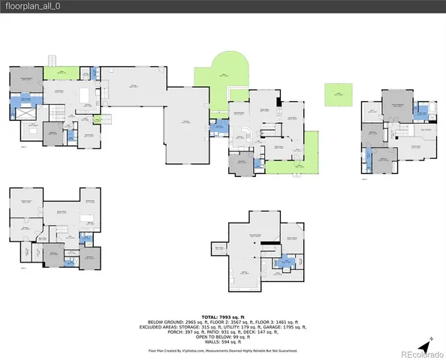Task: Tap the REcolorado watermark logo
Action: pyautogui.click(x=421, y=354)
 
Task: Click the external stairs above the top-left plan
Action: pyautogui.click(x=53, y=60)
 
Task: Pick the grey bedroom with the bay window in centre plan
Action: pyautogui.click(x=243, y=165)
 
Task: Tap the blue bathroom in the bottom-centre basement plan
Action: pyautogui.click(x=285, y=262)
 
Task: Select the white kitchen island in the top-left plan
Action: pyautogui.click(x=84, y=94)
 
